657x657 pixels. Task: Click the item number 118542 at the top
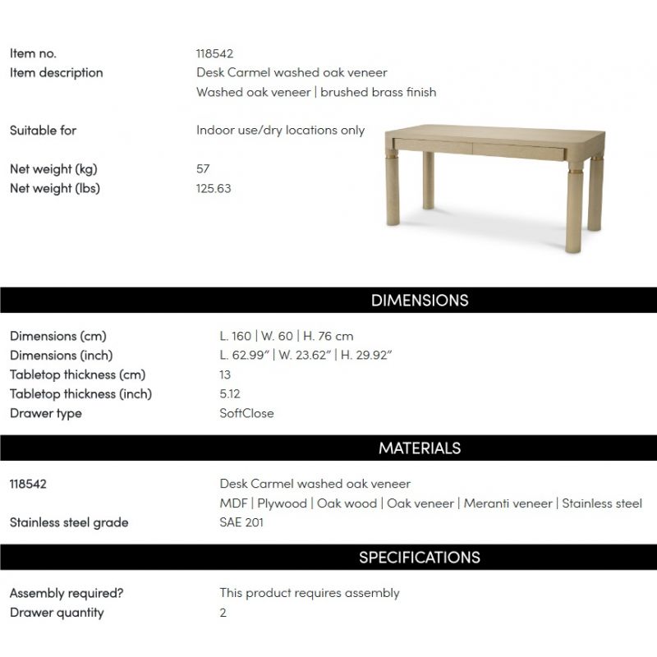tap(214, 53)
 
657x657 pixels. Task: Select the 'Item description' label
tap(56, 72)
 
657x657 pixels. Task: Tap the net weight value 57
tap(203, 168)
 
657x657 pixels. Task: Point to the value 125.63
tap(214, 188)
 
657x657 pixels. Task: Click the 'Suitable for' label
tap(43, 130)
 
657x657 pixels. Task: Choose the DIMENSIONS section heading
tap(419, 300)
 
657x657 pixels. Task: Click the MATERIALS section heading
tap(419, 448)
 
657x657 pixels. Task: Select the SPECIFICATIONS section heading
tap(419, 557)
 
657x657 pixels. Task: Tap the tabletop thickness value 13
tap(225, 374)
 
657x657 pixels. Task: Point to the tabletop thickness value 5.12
tap(230, 393)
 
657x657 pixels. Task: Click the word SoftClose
tap(246, 413)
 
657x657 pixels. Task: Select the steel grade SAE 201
tap(241, 522)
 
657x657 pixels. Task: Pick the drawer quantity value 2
tap(223, 612)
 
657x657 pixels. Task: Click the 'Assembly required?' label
tap(66, 593)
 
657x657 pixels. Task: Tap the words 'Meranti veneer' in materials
tap(508, 503)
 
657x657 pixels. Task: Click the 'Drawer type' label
tap(45, 413)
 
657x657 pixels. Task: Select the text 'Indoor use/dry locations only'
tap(280, 130)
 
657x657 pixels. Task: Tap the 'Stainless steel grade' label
tap(69, 522)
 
